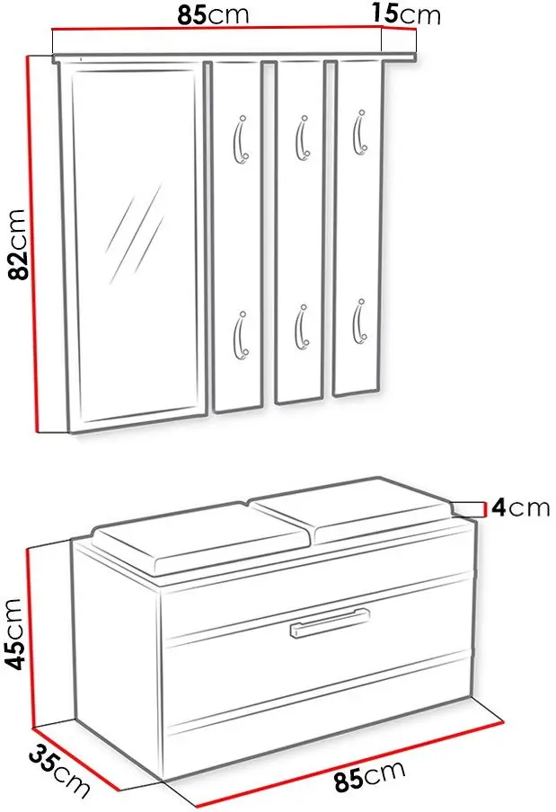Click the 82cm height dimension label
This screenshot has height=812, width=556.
[18, 244]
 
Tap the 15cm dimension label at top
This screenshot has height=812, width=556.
[406, 14]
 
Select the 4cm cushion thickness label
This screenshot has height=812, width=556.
[520, 507]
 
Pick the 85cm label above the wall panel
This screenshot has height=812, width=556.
[213, 15]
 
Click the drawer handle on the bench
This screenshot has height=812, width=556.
[330, 622]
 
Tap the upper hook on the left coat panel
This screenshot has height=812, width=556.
[240, 139]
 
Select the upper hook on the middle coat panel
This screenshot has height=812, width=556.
[303, 137]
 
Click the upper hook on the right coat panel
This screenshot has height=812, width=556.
[360, 132]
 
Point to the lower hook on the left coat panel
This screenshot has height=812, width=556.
[241, 335]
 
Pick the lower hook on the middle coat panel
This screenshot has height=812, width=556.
[302, 327]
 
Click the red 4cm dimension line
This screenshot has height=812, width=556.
[484, 509]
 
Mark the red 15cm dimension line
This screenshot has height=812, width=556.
[399, 29]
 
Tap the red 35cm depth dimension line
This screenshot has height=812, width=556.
[75, 760]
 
